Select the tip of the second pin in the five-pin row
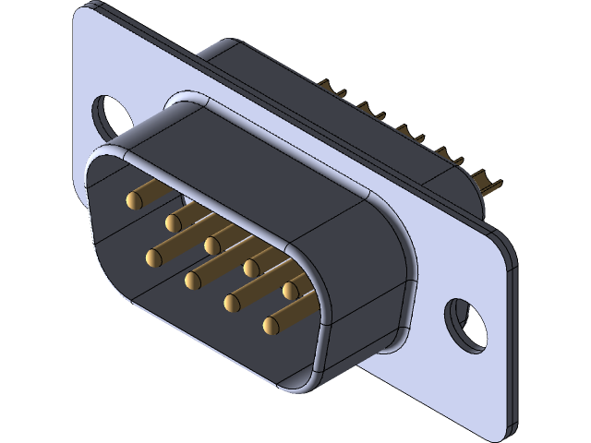(x=174, y=221)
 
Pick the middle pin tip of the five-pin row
(x=212, y=245)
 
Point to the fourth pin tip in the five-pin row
(x=251, y=268)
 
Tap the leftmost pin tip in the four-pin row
(x=152, y=256)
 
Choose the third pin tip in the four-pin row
(x=231, y=301)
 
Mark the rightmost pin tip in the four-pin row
(x=270, y=325)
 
